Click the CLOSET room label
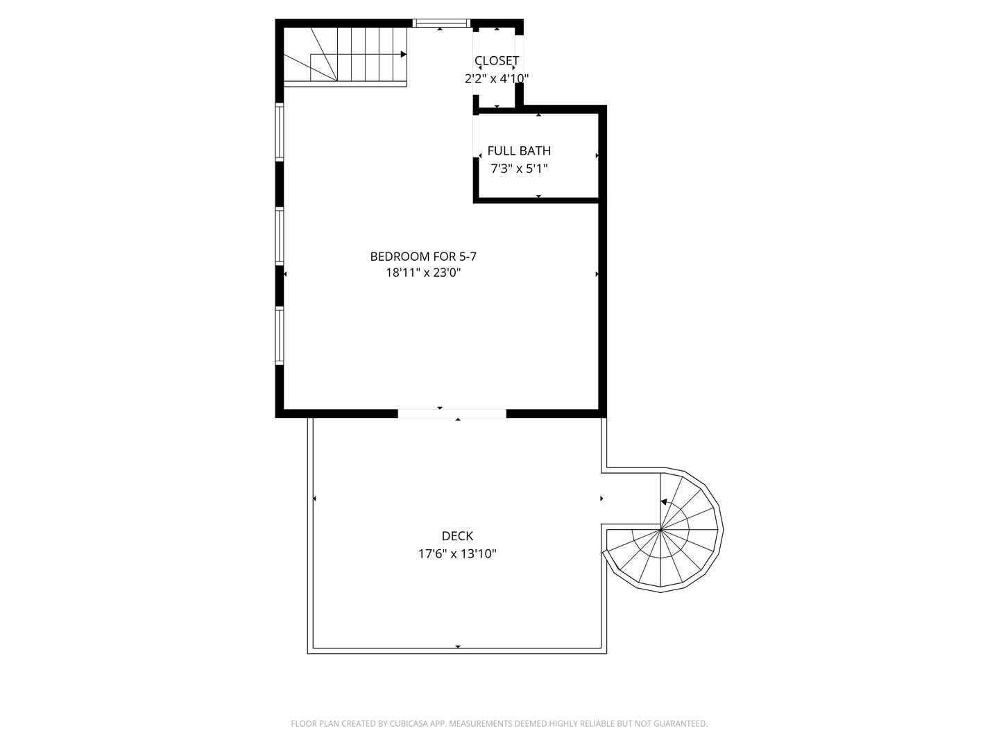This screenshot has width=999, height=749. pos(497,60)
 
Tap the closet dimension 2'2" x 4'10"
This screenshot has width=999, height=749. pos(497,78)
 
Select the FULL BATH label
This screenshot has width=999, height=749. pos(519,150)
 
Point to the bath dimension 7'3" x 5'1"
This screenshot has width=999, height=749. pos(519,169)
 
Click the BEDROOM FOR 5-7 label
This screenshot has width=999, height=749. pos(423,257)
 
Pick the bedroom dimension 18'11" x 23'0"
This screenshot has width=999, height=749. pos(423,273)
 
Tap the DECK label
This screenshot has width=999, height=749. pos(457,535)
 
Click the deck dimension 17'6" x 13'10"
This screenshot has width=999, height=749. pos(457,553)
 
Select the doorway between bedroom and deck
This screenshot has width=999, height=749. pos(452,413)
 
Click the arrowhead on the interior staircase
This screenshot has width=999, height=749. pos(403,55)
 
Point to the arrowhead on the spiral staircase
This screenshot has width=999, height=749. pos(664,502)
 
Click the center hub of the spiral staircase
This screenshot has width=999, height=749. pos(661,529)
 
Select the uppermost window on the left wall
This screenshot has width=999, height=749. pos(280,132)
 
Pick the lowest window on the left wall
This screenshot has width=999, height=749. pos(280,336)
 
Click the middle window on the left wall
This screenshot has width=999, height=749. pos(280,236)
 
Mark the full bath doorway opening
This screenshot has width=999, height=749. pos(476,134)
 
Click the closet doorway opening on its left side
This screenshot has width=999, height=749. pos(476,64)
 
